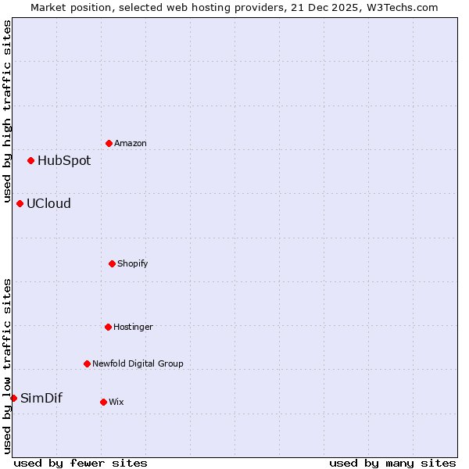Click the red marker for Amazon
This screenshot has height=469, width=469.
click(x=109, y=143)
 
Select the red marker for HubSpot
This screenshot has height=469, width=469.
click(x=30, y=160)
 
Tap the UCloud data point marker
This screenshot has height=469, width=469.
click(x=20, y=203)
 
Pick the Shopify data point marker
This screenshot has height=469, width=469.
click(x=112, y=263)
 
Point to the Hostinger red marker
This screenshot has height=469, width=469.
click(x=108, y=327)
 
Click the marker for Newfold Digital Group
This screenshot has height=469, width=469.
click(x=87, y=363)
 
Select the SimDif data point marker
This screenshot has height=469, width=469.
click(x=13, y=398)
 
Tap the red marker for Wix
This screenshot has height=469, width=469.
click(x=103, y=402)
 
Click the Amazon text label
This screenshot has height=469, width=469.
click(x=131, y=143)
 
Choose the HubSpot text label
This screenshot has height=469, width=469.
click(x=64, y=160)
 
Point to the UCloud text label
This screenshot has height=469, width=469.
click(x=48, y=203)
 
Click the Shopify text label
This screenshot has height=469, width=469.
click(x=133, y=263)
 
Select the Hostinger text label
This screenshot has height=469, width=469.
click(x=133, y=327)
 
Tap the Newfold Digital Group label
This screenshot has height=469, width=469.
click(x=138, y=363)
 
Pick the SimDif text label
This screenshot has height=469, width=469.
click(x=41, y=398)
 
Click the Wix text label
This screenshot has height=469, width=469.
click(x=116, y=402)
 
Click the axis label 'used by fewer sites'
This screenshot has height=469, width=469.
click(x=81, y=463)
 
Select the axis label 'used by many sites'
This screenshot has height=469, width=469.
click(x=392, y=463)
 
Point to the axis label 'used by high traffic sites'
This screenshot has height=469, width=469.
click(x=7, y=112)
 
